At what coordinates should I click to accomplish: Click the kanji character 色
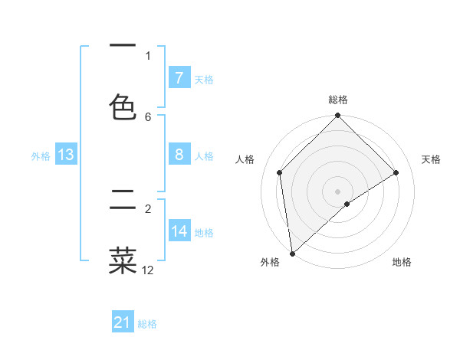tap(123, 106)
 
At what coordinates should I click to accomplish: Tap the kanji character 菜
tap(123, 259)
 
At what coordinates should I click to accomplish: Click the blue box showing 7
tap(179, 78)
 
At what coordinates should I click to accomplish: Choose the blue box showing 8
tap(179, 155)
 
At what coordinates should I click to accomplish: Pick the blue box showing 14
tap(179, 231)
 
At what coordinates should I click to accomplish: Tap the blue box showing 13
tap(66, 155)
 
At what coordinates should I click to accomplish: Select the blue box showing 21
tap(123, 323)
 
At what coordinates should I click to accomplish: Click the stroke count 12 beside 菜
tap(148, 270)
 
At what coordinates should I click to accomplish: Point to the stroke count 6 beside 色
tap(148, 116)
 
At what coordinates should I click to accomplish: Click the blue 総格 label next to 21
tap(147, 324)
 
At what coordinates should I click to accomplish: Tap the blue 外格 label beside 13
tap(41, 155)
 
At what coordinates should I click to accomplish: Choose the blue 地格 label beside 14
tap(204, 232)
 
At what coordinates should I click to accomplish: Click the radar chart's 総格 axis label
tap(338, 100)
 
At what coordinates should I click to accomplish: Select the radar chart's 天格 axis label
tap(432, 159)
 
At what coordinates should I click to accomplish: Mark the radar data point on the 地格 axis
tap(347, 204)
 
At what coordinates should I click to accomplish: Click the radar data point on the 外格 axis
tap(292, 254)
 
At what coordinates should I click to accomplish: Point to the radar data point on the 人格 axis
tap(280, 172)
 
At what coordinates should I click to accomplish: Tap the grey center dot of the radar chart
tap(338, 191)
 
